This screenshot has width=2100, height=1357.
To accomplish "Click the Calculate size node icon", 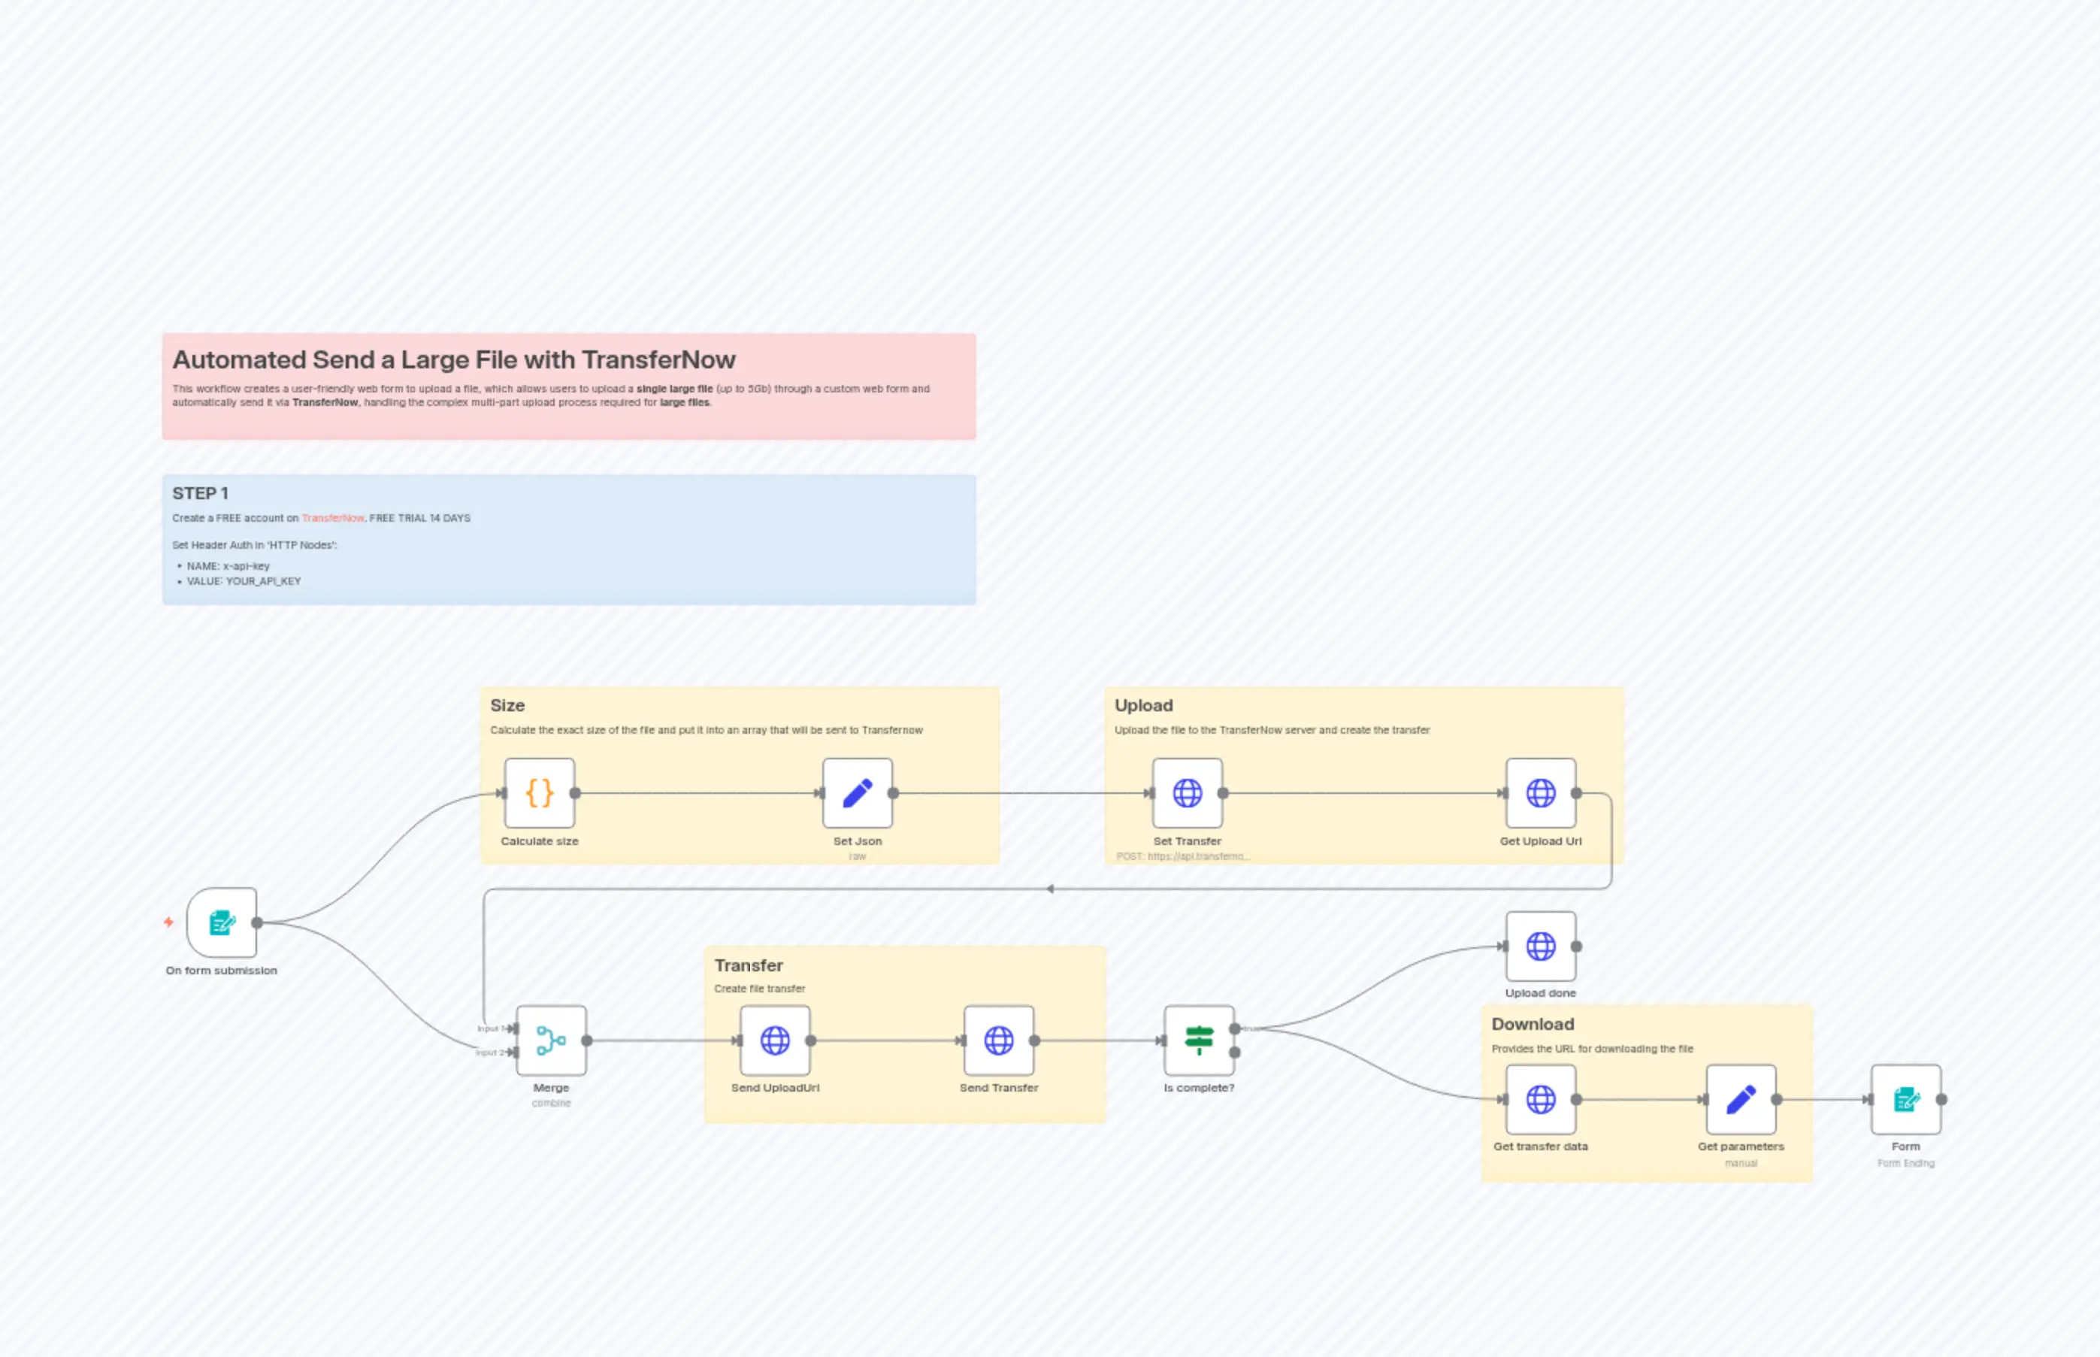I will (x=539, y=793).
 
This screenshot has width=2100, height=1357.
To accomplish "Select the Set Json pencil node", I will (x=857, y=793).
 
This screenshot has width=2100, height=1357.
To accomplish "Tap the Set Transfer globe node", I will (x=1188, y=793).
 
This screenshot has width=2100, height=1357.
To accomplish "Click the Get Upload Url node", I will (x=1541, y=793).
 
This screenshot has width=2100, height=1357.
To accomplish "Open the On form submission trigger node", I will (x=222, y=922).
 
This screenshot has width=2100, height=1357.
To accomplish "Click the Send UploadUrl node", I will (x=775, y=1040).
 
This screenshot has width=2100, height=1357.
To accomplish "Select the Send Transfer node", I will (x=999, y=1040).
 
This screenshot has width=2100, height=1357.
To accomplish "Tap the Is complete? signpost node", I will (x=1199, y=1040).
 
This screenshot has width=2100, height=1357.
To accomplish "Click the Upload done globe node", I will (x=1541, y=947).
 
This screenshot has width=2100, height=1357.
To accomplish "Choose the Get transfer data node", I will (x=1541, y=1100).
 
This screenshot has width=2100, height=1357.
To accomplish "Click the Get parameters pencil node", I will (x=1741, y=1100).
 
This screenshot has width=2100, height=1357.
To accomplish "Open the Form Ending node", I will (x=1905, y=1100).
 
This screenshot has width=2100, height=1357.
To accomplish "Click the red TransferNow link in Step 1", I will (x=333, y=518).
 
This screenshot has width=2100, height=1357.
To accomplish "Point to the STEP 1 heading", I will (x=200, y=493).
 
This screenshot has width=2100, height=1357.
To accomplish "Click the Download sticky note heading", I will (x=1532, y=1024).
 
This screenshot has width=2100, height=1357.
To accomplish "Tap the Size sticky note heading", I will (x=507, y=705).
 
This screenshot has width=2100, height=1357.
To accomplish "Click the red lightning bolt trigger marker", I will (x=168, y=922).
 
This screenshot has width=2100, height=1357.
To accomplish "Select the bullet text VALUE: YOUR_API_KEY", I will (x=244, y=582).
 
